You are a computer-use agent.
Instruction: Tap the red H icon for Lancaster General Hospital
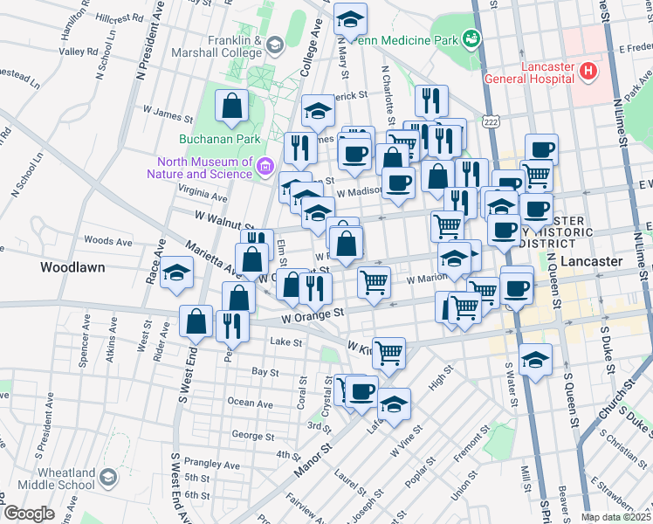pos(589,70)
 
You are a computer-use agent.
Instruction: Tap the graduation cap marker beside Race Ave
pos(176,273)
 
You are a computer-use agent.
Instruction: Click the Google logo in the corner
pos(29,514)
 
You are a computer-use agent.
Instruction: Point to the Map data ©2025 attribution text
pos(616,517)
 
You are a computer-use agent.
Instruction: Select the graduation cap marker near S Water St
pos(535,358)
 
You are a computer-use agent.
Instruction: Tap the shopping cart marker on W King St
pos(388,352)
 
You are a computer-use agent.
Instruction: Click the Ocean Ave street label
pos(251,403)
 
